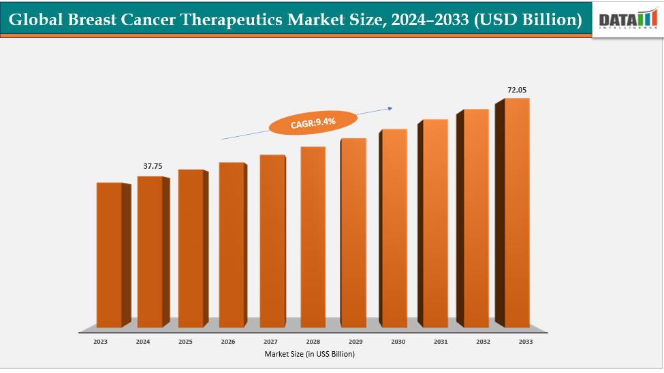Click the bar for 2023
(109, 255)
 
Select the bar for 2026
(232, 245)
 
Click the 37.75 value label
(153, 165)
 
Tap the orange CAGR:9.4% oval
(313, 124)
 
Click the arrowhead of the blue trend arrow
(391, 107)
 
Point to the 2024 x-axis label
(143, 341)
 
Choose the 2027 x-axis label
(270, 341)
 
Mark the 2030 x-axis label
(398, 341)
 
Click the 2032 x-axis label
(483, 341)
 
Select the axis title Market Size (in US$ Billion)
(310, 354)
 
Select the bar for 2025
(191, 248)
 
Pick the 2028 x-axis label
(313, 341)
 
